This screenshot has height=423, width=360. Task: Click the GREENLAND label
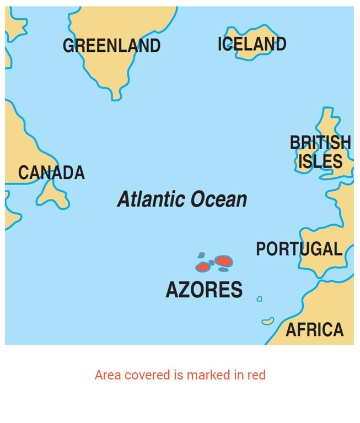(111, 46)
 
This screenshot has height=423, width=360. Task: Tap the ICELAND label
(252, 44)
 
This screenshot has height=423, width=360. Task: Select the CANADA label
(51, 173)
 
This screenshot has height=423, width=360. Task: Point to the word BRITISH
(320, 143)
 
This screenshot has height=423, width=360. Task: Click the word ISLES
(320, 161)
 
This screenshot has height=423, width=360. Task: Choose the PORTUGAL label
(299, 249)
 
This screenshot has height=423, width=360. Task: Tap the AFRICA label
(314, 330)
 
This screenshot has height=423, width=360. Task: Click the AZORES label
(204, 290)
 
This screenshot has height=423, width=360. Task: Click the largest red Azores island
(223, 261)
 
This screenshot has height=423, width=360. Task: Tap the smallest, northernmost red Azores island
(201, 256)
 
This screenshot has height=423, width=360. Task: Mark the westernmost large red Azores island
(203, 267)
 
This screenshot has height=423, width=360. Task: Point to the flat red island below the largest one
(223, 270)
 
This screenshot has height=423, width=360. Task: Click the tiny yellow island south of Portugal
(259, 299)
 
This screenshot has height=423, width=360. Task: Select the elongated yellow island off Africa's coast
(268, 321)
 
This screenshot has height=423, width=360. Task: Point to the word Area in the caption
(108, 375)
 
